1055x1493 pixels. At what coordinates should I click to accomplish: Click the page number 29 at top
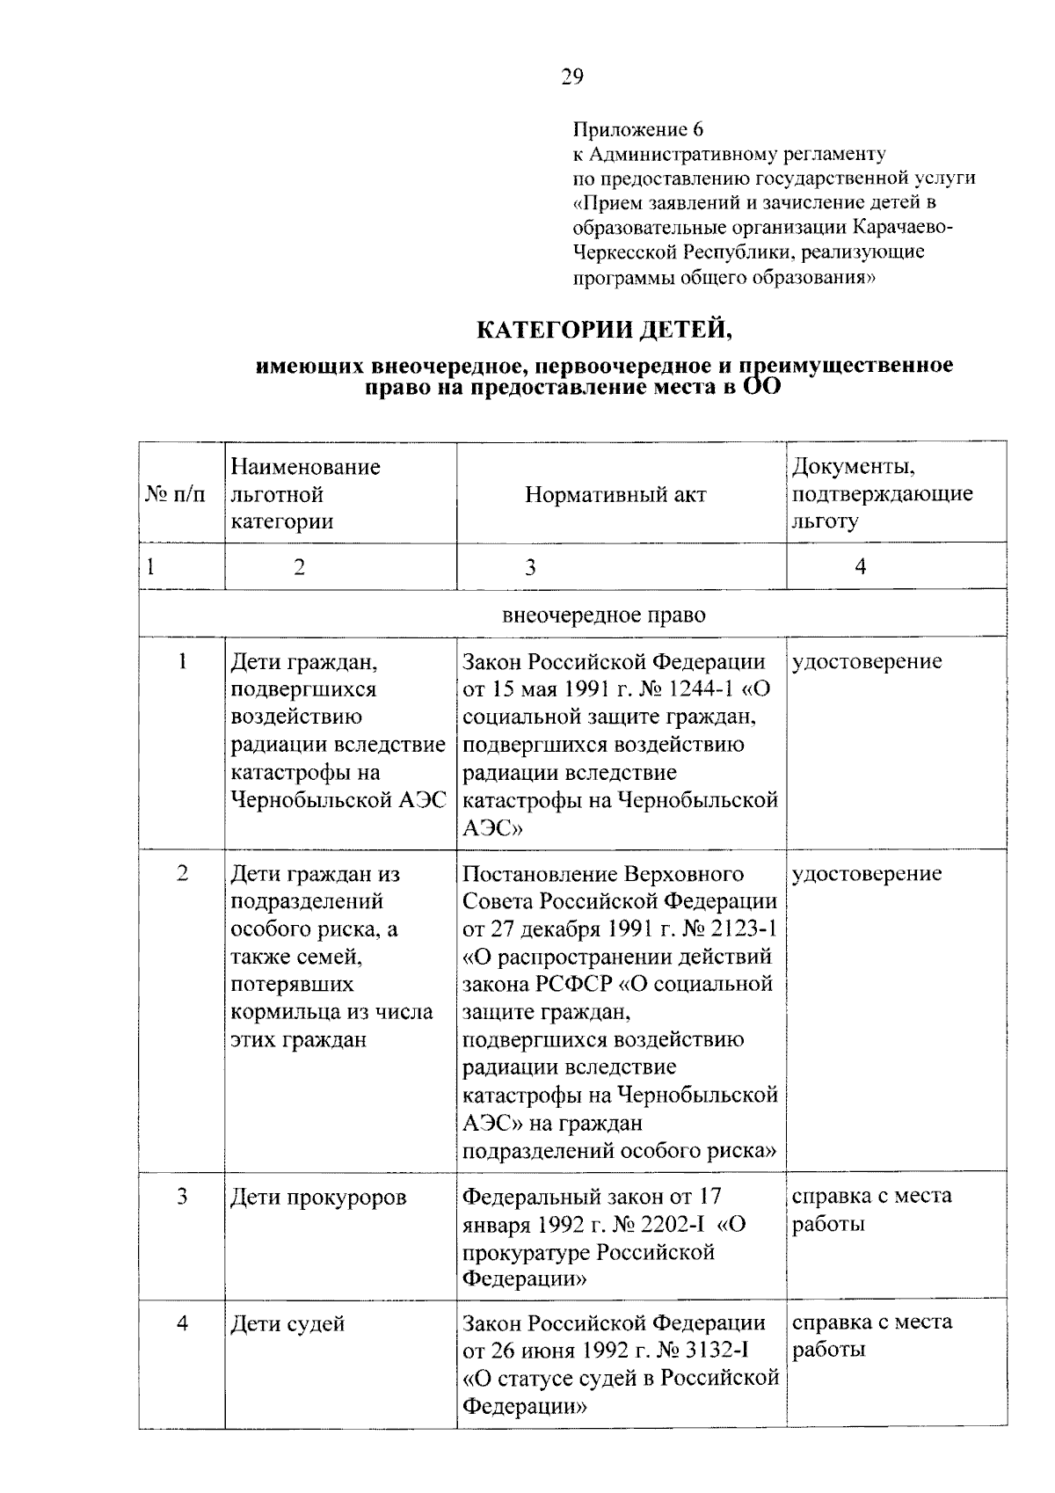tap(571, 77)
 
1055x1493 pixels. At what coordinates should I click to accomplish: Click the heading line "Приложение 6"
tap(638, 130)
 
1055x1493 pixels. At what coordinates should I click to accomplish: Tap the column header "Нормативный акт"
tap(615, 494)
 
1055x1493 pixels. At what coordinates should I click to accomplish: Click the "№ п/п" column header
tap(175, 494)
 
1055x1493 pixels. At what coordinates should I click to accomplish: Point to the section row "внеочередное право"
tap(603, 615)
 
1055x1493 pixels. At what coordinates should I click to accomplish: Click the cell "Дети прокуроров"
tap(318, 1198)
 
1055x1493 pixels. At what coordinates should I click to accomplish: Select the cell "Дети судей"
tap(287, 1324)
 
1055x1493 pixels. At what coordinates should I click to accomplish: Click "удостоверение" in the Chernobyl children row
tap(867, 661)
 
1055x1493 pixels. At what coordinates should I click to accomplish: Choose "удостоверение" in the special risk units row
tap(867, 874)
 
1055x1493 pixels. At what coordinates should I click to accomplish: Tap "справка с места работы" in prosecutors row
tap(871, 1210)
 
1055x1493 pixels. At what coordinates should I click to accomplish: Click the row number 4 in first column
tap(182, 1322)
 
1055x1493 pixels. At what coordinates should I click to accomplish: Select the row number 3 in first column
tap(182, 1197)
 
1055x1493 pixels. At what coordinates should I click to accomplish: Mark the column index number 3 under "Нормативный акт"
tap(530, 567)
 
